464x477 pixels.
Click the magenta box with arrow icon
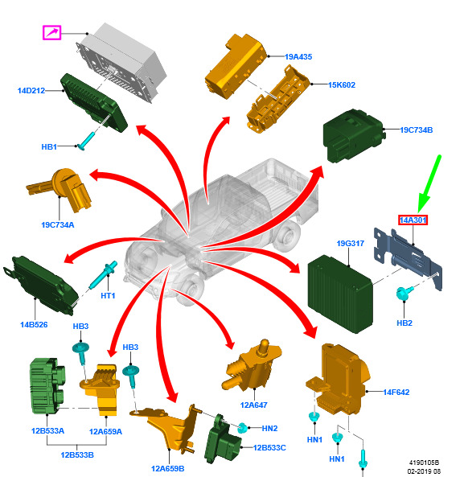[x=51, y=32]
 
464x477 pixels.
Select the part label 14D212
[x=31, y=91]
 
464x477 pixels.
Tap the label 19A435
[x=298, y=57]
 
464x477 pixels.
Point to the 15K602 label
[x=342, y=85]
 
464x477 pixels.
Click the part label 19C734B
[x=417, y=130]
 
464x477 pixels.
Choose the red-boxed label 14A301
[x=413, y=220]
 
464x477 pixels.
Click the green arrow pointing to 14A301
[x=429, y=184]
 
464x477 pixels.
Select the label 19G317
[x=351, y=244]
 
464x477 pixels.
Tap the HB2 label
[x=404, y=323]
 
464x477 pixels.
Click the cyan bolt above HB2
[x=404, y=292]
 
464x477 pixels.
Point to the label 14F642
[x=396, y=392]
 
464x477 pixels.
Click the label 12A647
[x=253, y=405]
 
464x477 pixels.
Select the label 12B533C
[x=269, y=448]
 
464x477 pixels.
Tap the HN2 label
[x=269, y=428]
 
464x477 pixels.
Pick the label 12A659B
[x=167, y=469]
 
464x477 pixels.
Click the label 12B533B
[x=77, y=455]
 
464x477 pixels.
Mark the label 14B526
[x=34, y=325]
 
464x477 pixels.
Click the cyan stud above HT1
[x=103, y=275]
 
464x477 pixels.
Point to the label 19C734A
[x=57, y=224]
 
